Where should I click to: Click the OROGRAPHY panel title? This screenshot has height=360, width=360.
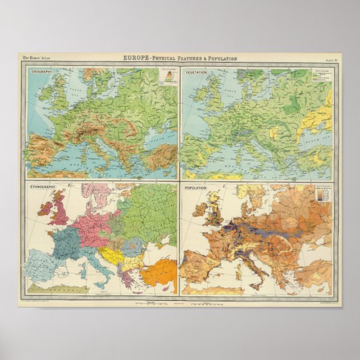point(40,72)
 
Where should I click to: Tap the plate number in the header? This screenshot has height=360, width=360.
point(330,59)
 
